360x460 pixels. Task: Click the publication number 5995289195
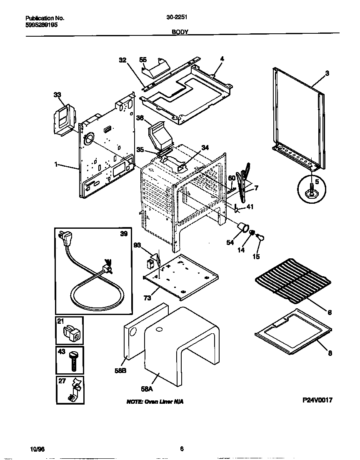click(x=41, y=25)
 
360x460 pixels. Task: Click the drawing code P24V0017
click(x=317, y=400)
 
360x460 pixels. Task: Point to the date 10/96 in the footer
click(x=37, y=449)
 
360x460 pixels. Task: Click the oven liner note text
click(x=155, y=402)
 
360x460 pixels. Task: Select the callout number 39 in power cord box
click(x=124, y=234)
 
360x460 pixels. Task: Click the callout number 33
click(x=57, y=95)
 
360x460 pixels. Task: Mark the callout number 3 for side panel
click(x=327, y=73)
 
